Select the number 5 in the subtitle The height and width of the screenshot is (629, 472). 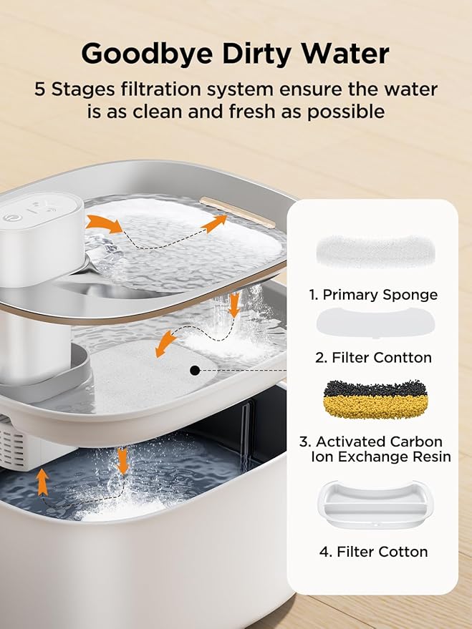pyautogui.click(x=42, y=90)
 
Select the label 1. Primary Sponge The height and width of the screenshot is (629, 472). pyautogui.click(x=372, y=294)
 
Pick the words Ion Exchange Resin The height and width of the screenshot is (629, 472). pyautogui.click(x=381, y=457)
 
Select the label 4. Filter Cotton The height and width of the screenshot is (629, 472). pyautogui.click(x=372, y=552)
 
